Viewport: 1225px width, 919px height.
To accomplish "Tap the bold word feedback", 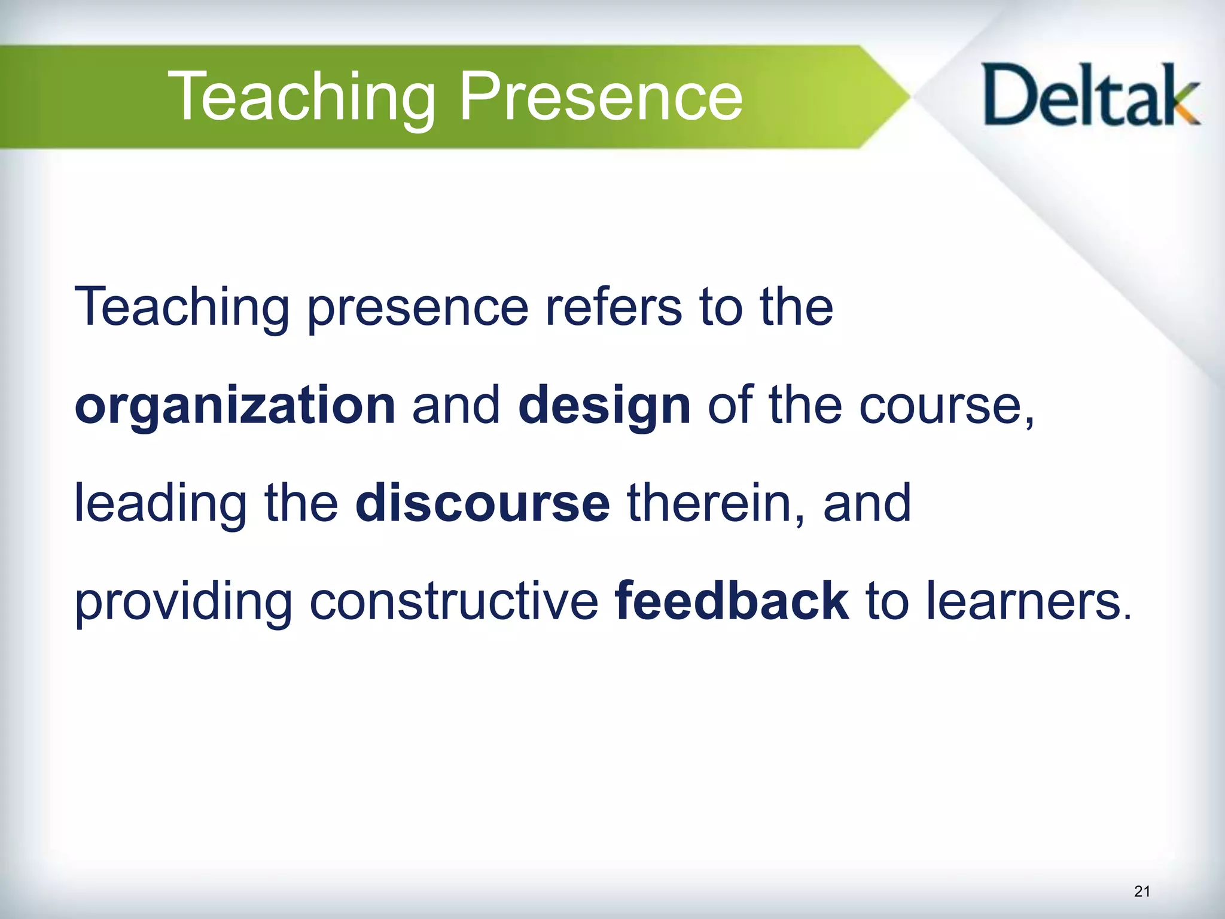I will [731, 601].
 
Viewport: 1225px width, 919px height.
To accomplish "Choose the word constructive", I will [454, 601].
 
